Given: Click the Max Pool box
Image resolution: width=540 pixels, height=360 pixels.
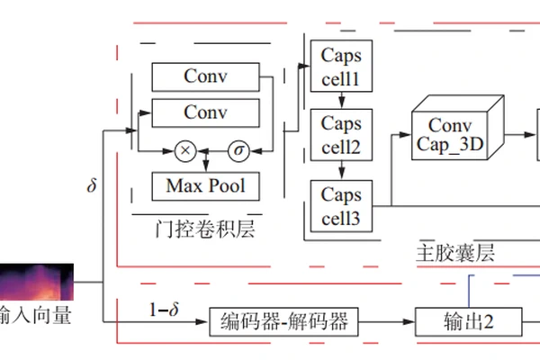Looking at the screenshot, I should (205, 186).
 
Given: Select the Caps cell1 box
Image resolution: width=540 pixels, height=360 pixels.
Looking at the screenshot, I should (341, 67).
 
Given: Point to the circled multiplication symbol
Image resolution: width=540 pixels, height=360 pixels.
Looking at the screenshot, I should (184, 150).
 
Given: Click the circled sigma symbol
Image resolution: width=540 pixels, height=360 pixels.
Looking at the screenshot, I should (239, 150).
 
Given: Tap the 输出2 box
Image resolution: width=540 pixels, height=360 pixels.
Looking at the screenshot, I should (470, 320).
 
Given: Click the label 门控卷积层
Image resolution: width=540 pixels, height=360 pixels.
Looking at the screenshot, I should (205, 230).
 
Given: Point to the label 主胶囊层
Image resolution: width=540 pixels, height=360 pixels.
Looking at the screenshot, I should (455, 251).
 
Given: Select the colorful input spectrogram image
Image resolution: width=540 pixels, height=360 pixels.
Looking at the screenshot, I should (36, 283).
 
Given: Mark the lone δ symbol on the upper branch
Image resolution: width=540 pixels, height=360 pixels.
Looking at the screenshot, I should (91, 186).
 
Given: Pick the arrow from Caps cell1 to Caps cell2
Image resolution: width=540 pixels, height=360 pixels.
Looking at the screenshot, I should (341, 101).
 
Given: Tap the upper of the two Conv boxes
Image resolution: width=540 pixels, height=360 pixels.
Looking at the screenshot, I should (205, 76).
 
